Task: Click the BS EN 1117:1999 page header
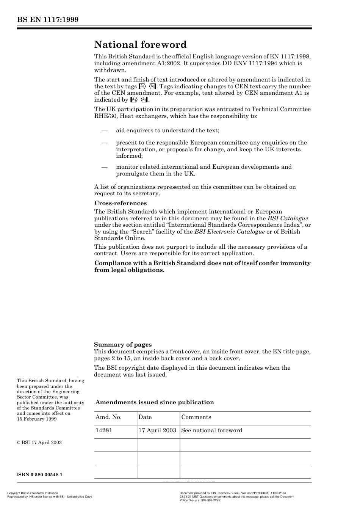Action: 47,20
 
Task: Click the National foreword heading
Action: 140,45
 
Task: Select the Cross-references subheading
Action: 120,203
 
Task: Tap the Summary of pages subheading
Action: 123,345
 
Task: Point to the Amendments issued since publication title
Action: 155,402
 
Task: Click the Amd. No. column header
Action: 108,417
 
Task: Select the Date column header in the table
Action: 145,417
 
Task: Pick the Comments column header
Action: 196,417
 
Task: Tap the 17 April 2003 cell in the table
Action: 157,430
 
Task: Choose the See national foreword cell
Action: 211,430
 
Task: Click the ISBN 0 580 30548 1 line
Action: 39,475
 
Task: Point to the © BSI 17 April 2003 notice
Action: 39,443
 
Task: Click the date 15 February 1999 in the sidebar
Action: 37,419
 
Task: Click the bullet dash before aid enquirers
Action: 105,130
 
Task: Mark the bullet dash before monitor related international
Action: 105,167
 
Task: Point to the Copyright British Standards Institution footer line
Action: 33,493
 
